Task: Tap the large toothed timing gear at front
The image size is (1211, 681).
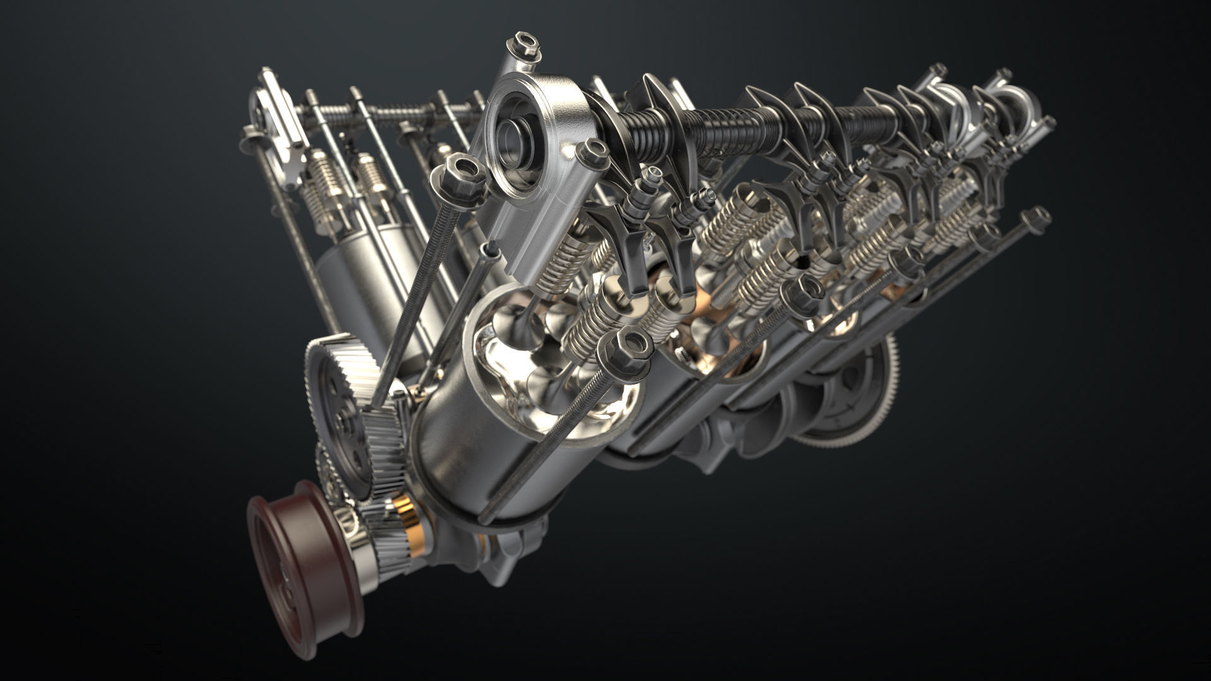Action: pyautogui.click(x=344, y=404)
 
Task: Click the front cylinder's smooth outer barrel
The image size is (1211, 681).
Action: pyautogui.click(x=467, y=454)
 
